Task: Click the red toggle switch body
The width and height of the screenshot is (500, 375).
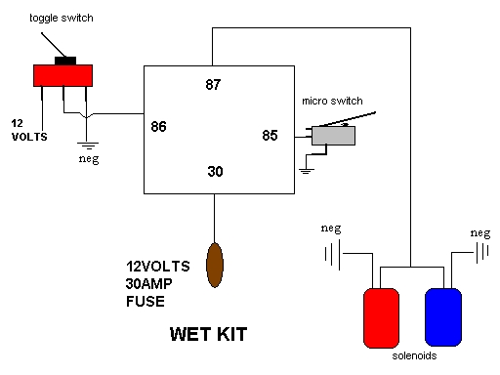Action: [x=62, y=75]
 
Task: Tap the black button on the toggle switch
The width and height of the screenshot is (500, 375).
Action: [x=65, y=61]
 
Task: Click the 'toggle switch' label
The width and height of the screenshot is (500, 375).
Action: [x=62, y=19]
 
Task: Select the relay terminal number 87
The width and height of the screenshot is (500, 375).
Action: [x=213, y=84]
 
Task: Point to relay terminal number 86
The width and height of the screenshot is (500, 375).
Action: [x=158, y=126]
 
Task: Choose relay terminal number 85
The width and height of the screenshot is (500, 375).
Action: [x=270, y=135]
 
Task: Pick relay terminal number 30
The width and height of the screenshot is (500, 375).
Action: [x=215, y=171]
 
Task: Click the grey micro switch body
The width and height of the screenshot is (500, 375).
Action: [x=333, y=136]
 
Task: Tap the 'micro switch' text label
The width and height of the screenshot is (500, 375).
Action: [x=332, y=101]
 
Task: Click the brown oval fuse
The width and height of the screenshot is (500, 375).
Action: [x=215, y=265]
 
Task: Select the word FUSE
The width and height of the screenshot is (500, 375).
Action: [x=146, y=302]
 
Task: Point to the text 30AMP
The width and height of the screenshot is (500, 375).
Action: [x=148, y=284]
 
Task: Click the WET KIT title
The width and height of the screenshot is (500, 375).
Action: [x=208, y=334]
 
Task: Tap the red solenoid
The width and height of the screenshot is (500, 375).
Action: [x=381, y=318]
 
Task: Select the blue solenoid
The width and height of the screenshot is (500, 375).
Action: [x=443, y=317]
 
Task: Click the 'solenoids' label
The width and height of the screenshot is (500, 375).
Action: [x=414, y=355]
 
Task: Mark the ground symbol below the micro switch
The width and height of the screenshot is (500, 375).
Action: [x=307, y=171]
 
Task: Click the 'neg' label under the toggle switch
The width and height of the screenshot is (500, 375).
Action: [x=89, y=159]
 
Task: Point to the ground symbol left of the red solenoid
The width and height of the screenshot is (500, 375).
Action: [x=333, y=255]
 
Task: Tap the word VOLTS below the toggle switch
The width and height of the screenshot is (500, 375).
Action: [x=29, y=137]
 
